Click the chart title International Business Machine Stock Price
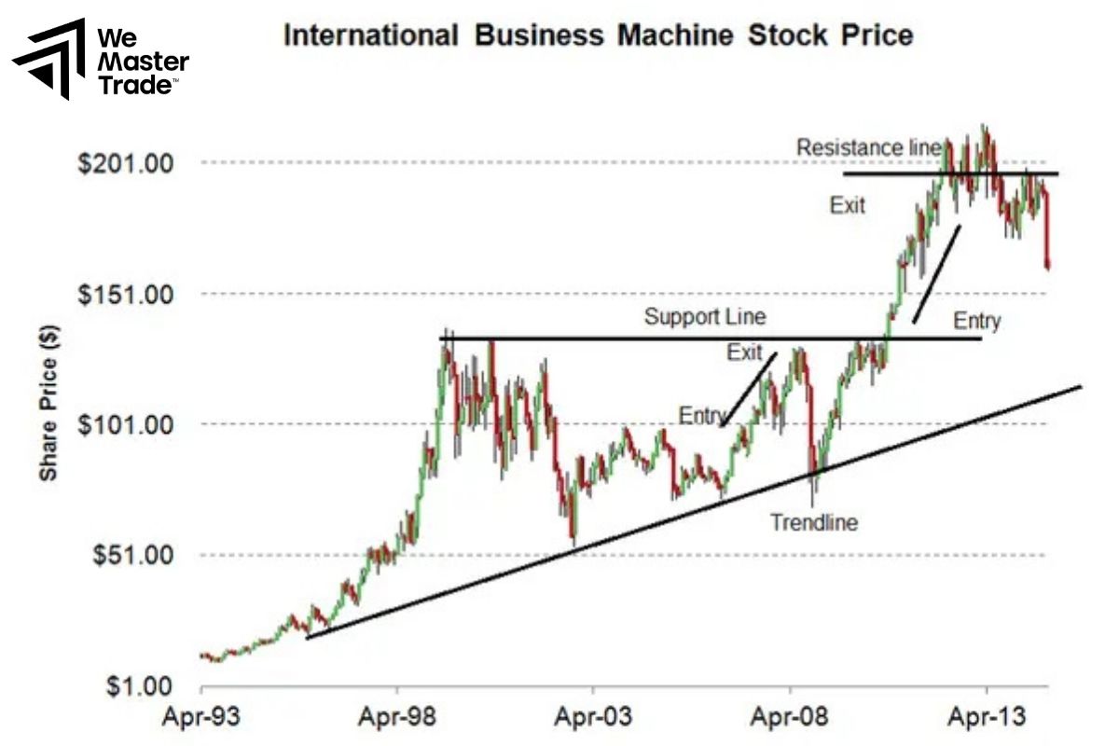pos(598,36)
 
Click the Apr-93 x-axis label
pos(201,718)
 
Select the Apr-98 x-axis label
pos(397,718)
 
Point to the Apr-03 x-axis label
pos(593,718)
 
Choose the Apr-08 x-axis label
pos(790,718)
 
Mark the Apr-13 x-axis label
pos(986,718)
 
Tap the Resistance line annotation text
pos(868,148)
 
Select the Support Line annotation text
pos(705,317)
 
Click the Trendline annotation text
pos(813,522)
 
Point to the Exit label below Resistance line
pos(848,205)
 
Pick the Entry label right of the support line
pos(977,322)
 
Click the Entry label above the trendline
pos(702,415)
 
